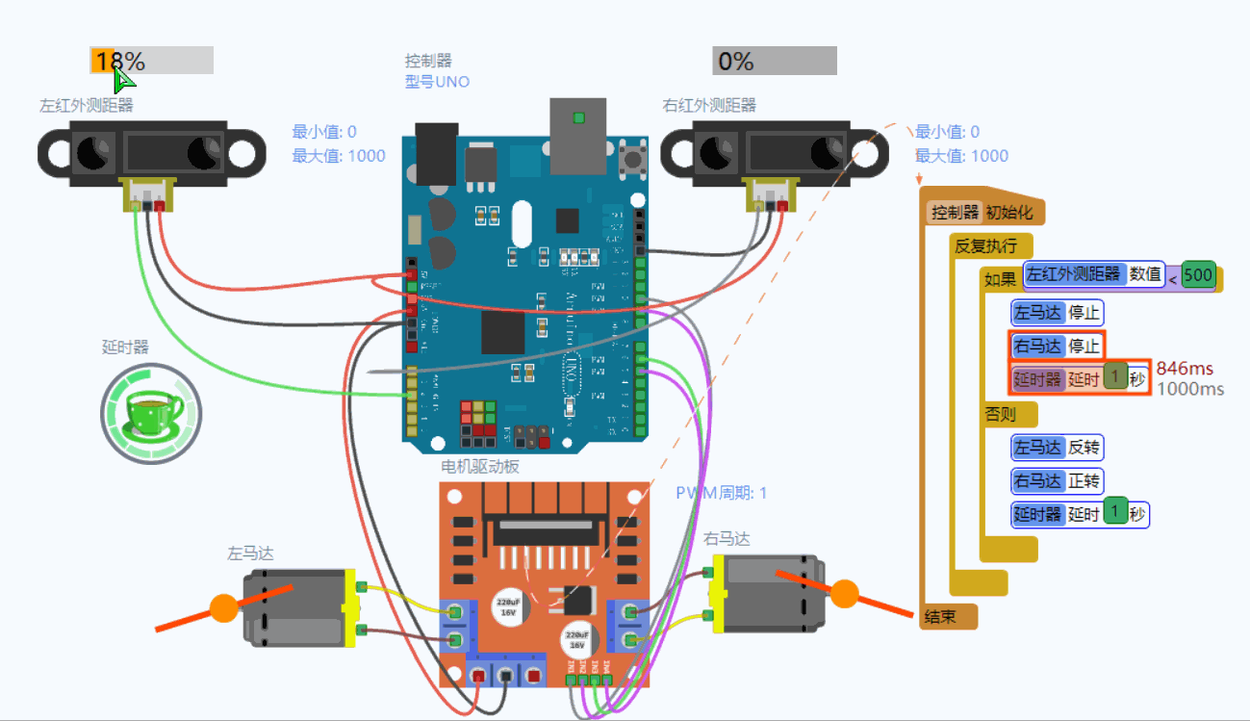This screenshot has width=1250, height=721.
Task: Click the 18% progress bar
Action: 151,61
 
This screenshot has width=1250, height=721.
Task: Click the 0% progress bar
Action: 774,61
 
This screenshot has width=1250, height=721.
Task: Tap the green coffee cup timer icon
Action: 151,413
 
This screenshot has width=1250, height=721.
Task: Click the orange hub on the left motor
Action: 223,608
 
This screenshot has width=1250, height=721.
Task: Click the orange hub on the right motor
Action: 844,594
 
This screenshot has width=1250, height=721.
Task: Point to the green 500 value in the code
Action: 1198,275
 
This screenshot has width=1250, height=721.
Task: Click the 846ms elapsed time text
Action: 1185,369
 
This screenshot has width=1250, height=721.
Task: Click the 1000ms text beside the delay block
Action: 1189,389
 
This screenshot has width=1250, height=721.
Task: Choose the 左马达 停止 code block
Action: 1057,313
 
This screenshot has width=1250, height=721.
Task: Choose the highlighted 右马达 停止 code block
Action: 1057,346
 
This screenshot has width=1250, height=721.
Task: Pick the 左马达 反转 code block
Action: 1057,448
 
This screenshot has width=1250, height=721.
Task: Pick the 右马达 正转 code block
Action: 1057,480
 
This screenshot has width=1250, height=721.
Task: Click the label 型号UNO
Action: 437,82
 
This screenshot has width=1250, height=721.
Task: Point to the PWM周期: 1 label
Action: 721,493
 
